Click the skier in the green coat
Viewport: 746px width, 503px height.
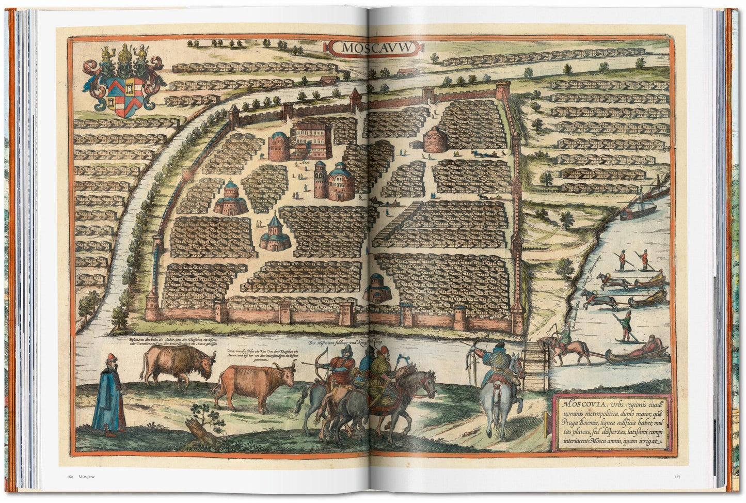(x=626, y=326)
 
